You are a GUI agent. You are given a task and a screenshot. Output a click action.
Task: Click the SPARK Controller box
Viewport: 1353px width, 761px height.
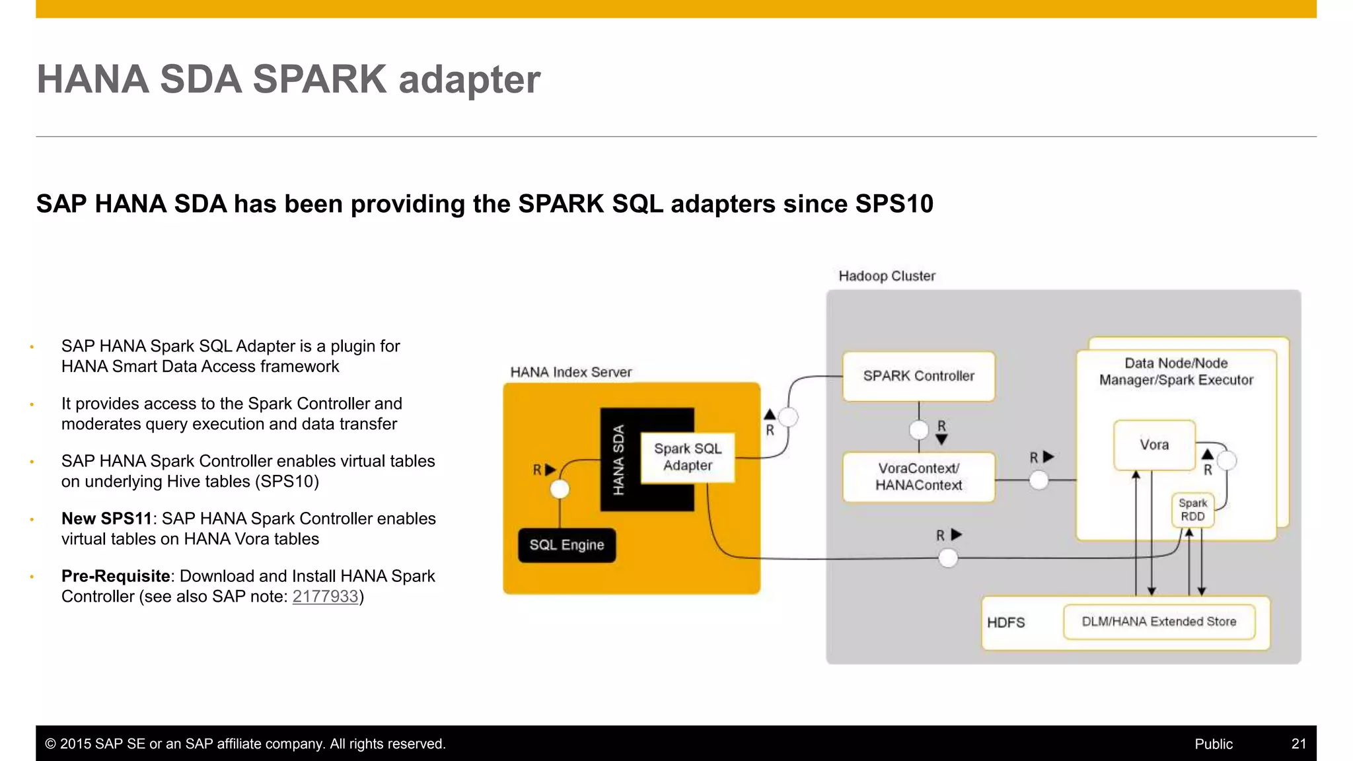[x=918, y=376]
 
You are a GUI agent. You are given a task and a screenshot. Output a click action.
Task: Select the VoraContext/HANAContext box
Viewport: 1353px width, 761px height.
[x=918, y=476]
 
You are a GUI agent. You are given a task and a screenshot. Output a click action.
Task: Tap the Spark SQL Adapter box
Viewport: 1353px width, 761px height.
[x=687, y=457]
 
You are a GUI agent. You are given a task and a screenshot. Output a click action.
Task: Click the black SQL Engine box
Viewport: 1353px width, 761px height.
[x=566, y=545]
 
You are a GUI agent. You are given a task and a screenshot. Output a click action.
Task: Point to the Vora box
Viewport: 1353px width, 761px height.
[x=1153, y=445]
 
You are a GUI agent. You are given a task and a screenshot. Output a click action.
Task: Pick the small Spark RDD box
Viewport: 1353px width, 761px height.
[x=1192, y=510]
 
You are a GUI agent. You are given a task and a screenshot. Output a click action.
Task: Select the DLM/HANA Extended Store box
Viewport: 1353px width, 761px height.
[x=1159, y=622]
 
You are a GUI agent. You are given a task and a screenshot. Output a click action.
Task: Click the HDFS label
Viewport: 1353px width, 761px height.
[x=1006, y=622]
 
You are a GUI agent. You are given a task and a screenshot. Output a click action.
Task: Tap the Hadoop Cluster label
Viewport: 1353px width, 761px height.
[x=887, y=276]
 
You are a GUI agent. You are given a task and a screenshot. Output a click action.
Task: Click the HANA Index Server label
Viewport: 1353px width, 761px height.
[x=571, y=372]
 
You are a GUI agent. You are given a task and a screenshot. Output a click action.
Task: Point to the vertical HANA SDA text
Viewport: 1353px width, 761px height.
[x=618, y=460]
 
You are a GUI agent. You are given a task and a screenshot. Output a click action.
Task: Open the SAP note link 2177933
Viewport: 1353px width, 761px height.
[x=325, y=597]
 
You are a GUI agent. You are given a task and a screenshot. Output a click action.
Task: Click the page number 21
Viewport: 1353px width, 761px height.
[x=1298, y=744]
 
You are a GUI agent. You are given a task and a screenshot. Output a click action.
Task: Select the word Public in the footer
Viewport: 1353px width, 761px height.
[x=1213, y=744]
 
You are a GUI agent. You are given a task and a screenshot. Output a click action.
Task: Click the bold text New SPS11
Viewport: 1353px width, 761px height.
[x=106, y=519]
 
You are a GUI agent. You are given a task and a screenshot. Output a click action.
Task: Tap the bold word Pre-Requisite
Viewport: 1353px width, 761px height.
[x=116, y=576]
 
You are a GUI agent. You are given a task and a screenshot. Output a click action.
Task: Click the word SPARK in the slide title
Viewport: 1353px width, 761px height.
[x=319, y=79]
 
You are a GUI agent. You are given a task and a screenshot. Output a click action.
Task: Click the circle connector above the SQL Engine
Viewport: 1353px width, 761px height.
[x=560, y=489]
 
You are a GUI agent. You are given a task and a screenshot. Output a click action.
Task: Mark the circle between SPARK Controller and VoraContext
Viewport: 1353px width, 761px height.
[x=918, y=430]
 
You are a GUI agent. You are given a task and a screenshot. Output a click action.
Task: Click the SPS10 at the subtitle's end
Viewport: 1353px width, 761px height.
[x=894, y=203]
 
